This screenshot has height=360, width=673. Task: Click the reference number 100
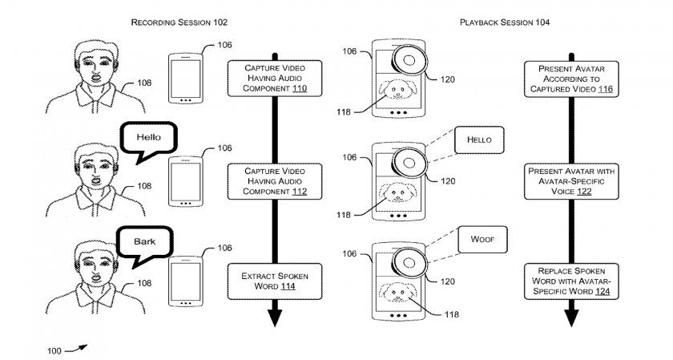coord(54,350)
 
